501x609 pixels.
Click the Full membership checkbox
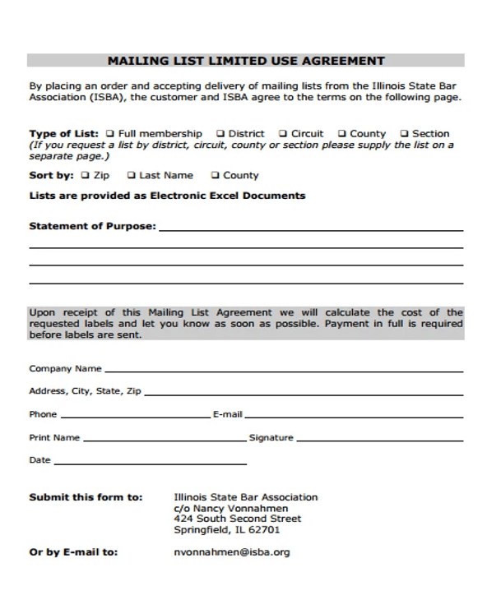point(110,133)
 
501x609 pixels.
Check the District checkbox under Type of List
point(220,133)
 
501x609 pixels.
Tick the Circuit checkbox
point(282,133)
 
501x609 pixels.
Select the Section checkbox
point(404,133)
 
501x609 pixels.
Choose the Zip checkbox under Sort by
point(85,175)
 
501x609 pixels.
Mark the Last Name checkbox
point(131,175)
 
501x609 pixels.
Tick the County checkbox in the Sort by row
point(215,175)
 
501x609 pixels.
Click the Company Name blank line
point(283,371)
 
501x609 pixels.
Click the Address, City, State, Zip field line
point(303,394)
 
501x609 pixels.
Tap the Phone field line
point(135,417)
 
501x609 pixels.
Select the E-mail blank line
point(353,417)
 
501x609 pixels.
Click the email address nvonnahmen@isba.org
point(232,552)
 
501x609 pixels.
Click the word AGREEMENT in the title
point(346,60)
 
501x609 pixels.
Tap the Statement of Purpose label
point(92,226)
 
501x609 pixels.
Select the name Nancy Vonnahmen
point(234,509)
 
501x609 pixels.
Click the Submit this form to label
point(86,497)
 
